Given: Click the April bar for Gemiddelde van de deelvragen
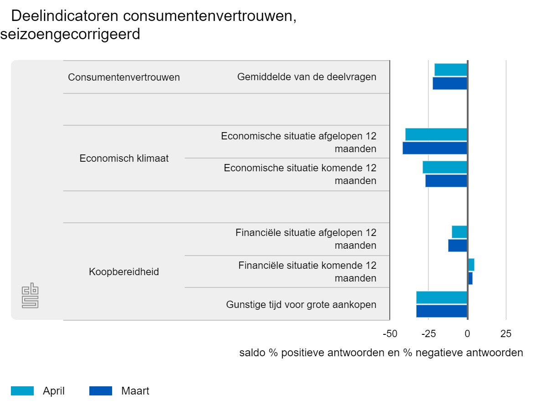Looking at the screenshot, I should click(451, 70).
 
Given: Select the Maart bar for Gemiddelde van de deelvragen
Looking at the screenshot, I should click(450, 83).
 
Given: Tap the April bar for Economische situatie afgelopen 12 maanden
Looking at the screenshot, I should click(436, 134).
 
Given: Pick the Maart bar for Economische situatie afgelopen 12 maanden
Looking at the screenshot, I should click(435, 148).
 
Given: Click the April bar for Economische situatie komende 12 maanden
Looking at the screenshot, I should click(445, 167).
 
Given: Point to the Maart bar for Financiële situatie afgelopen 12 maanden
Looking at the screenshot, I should click(458, 246).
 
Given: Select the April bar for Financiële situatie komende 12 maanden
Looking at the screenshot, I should click(471, 265).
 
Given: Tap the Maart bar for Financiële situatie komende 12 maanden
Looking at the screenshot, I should click(470, 278).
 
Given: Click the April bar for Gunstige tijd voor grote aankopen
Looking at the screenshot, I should click(442, 297).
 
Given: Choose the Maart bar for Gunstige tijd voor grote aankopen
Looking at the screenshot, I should click(442, 311).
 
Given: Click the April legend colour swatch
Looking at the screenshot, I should click(22, 391).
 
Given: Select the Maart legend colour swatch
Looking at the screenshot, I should click(101, 391).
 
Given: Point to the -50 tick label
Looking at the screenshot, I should click(390, 334).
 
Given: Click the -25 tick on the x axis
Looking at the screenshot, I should click(428, 334).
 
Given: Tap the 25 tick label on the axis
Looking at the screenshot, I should click(506, 334).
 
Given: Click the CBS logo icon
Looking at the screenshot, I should click(31, 296).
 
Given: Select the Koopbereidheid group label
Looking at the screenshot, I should click(124, 272).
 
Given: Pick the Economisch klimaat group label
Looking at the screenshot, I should click(124, 159).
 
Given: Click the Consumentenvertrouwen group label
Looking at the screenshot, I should click(124, 77).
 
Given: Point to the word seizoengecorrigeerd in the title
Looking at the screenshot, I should click(71, 35).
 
